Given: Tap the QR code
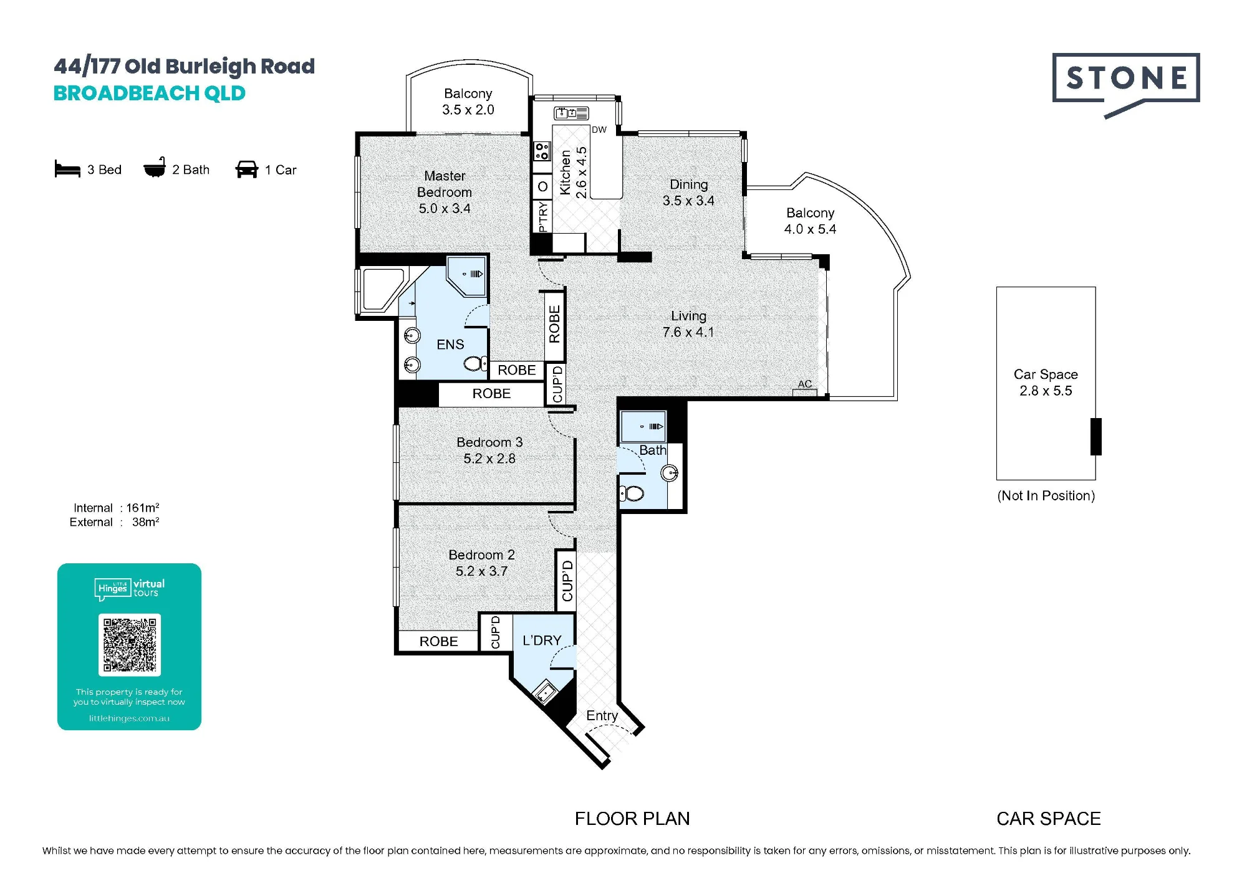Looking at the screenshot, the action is pos(130,645).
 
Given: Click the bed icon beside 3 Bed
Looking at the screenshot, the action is pos(67,169).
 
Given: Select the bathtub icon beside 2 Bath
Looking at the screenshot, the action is pos(155,168).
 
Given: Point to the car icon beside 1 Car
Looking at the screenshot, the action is pos(247,169).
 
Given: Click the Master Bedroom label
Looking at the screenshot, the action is pos(445,192).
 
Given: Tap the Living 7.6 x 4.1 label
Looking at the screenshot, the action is pos(688,324).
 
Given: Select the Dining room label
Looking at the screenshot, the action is pos(688,193).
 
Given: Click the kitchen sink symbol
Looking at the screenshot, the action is pos(571,113).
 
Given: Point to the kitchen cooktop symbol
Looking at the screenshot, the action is pos(542,151).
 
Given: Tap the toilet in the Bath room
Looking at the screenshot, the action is pos(632,494).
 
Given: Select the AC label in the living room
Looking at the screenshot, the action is pos(805,384).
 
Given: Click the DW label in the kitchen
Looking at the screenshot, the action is pos(599,130).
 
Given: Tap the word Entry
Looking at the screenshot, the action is pos(602,716).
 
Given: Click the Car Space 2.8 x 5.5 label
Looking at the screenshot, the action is pos(1046,383).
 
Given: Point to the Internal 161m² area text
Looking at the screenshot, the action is pos(116,508).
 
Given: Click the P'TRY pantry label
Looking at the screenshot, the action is pos(543,216).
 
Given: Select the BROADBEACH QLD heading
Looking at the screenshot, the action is pos(150,93).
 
